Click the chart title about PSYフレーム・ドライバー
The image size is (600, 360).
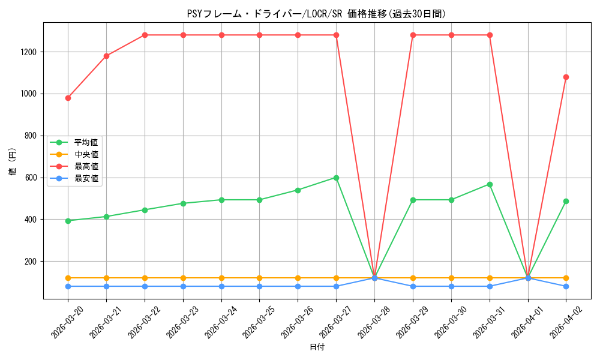[316, 14]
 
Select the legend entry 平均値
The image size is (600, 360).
[86, 142]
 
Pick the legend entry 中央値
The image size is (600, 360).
[86, 154]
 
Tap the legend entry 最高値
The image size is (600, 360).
[86, 166]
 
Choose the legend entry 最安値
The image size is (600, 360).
[86, 178]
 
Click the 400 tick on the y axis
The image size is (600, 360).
[31, 220]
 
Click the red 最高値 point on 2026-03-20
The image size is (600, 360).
[68, 98]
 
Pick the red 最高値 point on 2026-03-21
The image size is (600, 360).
[106, 56]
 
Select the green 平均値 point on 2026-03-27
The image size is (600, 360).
[336, 178]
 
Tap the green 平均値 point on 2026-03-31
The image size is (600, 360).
[490, 184]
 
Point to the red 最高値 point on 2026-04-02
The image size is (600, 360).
[566, 77]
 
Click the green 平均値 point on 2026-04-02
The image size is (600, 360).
[566, 201]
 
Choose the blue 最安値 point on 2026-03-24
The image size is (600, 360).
[221, 286]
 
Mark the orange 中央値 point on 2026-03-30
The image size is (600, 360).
[451, 278]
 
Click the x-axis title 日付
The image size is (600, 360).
[317, 347]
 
